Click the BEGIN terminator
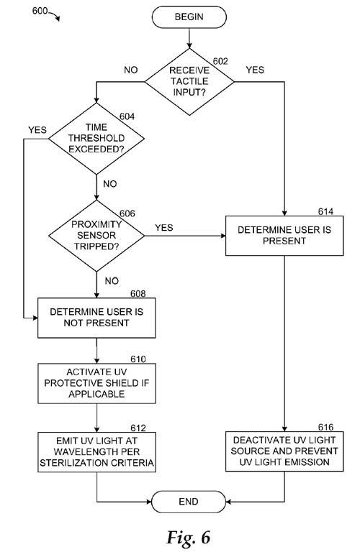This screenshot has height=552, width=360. point(189,17)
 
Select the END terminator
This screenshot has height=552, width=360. point(189,501)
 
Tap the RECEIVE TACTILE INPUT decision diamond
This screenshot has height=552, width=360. point(189,82)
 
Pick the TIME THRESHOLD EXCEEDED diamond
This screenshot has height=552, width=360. point(96,138)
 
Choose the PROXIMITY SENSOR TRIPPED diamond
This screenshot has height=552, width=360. point(96,236)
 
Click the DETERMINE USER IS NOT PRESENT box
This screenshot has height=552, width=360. point(96,318)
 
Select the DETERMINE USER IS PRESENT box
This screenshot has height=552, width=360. point(284,236)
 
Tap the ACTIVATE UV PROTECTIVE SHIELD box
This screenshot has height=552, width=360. point(96,383)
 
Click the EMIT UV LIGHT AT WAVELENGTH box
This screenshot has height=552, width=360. point(96,452)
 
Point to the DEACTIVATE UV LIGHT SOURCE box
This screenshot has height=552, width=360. point(284,451)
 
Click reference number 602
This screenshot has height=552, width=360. point(220,61)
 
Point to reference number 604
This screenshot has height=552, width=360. point(127,116)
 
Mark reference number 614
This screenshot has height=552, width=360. point(325,211)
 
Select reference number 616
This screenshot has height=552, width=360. point(325,427)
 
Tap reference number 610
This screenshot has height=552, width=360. point(138,359)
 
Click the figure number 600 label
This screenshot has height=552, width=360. point(40,11)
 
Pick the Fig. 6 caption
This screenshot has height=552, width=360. point(189,537)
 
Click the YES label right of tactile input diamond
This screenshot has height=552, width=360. point(255,70)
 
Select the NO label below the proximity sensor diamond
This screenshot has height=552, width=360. point(112,280)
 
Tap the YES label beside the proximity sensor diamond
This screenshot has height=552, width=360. point(164,227)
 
